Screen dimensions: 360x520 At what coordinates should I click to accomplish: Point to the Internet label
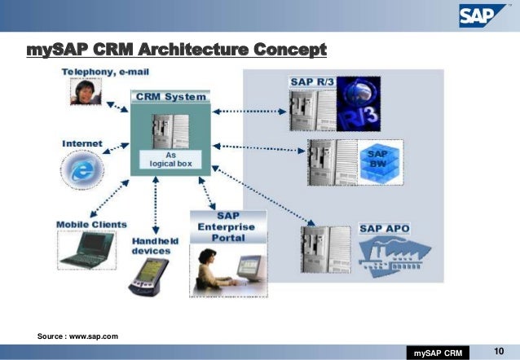82,144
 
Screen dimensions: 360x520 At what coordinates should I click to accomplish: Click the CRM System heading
171,96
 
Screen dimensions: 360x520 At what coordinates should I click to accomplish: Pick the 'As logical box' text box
171,158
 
